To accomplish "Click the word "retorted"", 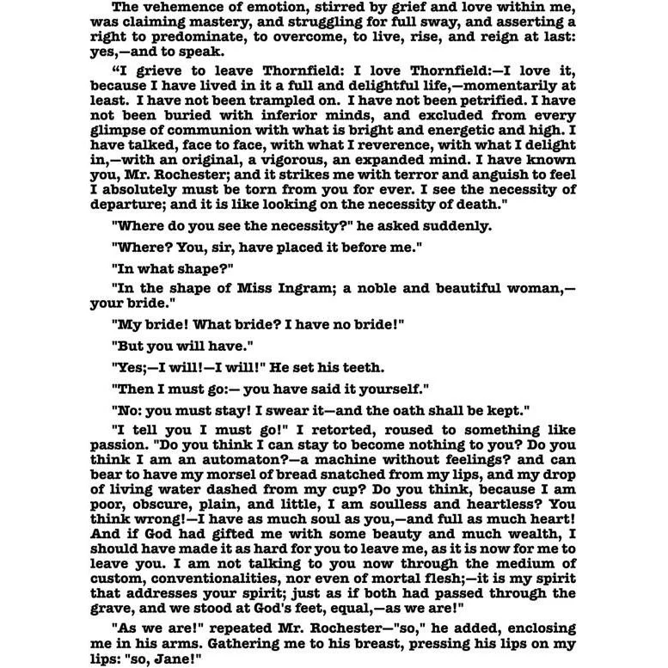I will point(317,430).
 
